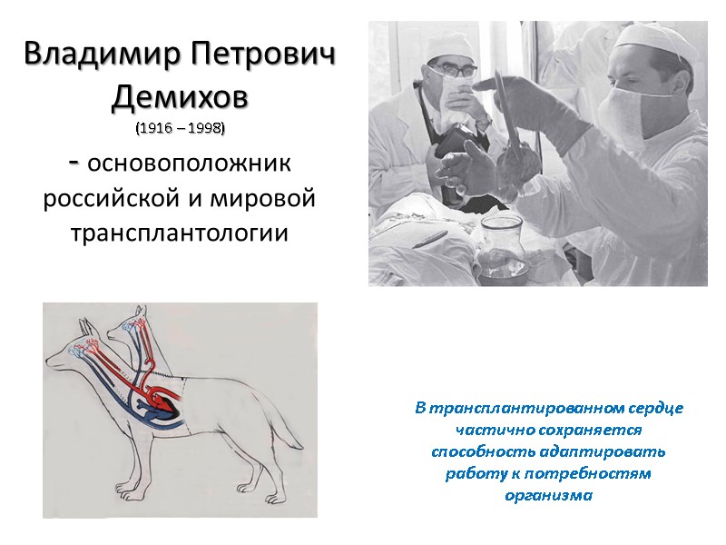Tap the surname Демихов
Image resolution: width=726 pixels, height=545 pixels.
click(x=180, y=95)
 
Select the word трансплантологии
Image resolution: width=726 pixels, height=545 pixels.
click(x=180, y=233)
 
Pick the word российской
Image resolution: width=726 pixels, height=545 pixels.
click(x=110, y=198)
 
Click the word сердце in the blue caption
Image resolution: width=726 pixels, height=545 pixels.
click(x=654, y=409)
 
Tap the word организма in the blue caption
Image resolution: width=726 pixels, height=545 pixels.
click(x=548, y=495)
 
